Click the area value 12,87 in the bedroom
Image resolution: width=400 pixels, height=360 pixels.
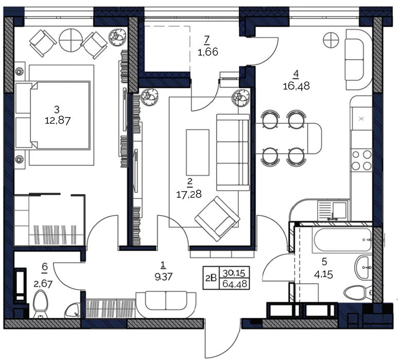(58, 120)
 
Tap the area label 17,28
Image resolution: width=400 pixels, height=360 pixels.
(189, 194)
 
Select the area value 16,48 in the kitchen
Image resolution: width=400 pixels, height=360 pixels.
(296, 86)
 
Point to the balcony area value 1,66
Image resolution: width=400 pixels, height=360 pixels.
(207, 52)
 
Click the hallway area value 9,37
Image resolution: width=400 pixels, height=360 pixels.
(164, 277)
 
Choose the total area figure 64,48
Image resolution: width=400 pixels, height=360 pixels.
(235, 284)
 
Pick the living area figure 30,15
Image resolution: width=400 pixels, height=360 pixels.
(234, 273)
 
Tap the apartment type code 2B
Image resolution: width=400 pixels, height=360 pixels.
(211, 278)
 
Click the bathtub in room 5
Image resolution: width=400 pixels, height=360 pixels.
(343, 241)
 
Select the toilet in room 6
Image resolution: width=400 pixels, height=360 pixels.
(40, 304)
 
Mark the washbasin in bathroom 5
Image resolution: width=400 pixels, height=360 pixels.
(363, 268)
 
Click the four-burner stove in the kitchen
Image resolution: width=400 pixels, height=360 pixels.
(361, 161)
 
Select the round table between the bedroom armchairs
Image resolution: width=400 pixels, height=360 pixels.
(71, 40)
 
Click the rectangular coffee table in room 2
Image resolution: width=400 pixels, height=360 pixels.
(198, 152)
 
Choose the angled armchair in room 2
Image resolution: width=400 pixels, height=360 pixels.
(217, 219)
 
